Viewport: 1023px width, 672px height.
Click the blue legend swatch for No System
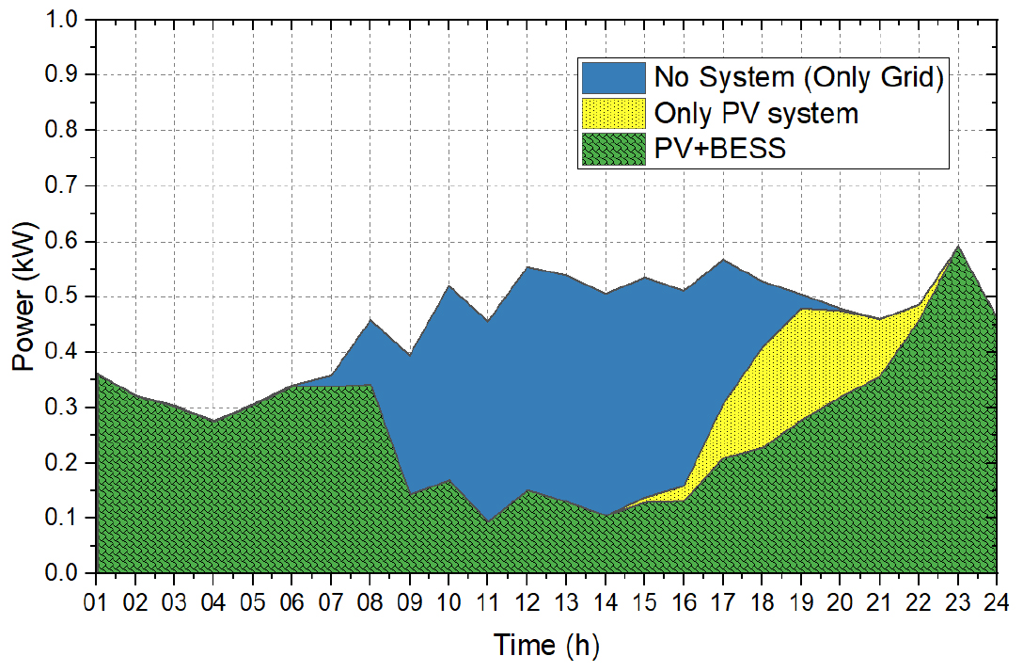click(x=613, y=78)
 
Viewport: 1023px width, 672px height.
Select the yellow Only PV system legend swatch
click(x=613, y=114)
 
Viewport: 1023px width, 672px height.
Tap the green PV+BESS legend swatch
click(x=613, y=149)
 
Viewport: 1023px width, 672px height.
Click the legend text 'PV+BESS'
click(x=720, y=149)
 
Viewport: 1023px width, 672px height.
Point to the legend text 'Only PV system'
click(x=757, y=114)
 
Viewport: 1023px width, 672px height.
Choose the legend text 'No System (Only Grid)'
click(x=798, y=78)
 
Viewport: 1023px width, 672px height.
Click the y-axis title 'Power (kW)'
click(x=25, y=296)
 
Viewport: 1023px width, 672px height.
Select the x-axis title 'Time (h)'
click(x=546, y=645)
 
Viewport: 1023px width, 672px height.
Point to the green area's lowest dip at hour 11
click(x=487, y=520)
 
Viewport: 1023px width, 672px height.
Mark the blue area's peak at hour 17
click(x=722, y=260)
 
